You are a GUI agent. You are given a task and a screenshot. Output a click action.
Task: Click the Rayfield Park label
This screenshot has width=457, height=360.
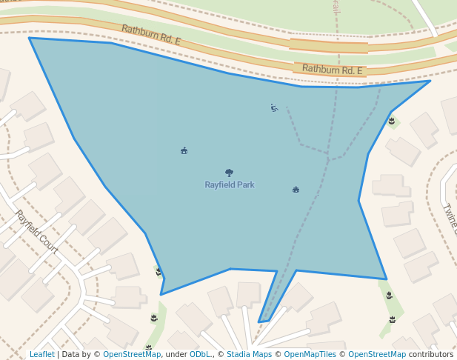(x=230, y=184)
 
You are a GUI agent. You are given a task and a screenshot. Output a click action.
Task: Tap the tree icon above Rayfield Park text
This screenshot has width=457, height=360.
(x=229, y=173)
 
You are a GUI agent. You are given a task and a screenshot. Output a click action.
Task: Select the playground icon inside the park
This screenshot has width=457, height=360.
(x=274, y=108)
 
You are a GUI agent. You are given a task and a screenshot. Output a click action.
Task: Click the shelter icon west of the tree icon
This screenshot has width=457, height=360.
(x=184, y=151)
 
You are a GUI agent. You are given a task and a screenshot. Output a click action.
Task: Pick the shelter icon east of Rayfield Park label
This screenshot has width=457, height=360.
(x=296, y=190)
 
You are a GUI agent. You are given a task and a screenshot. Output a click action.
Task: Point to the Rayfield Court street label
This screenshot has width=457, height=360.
(x=36, y=232)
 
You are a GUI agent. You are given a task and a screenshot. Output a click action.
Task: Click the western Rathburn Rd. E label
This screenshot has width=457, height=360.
(x=151, y=35)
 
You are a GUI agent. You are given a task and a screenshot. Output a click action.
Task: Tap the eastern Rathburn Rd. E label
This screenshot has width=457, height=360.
(x=332, y=70)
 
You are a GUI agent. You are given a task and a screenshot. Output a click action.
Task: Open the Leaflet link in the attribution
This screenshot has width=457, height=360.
(x=41, y=355)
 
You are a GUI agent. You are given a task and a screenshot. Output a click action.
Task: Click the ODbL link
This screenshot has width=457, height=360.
(x=200, y=355)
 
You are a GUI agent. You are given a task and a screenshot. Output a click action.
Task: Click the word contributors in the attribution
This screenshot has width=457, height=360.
(x=431, y=355)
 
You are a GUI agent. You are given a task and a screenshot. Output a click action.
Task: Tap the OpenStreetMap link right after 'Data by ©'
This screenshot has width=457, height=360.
(x=132, y=355)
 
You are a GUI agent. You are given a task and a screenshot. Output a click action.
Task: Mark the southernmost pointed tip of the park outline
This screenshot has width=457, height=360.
(x=260, y=322)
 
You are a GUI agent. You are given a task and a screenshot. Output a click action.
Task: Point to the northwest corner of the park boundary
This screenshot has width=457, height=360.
(x=30, y=39)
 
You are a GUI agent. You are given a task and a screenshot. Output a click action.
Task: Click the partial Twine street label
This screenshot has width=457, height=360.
(x=450, y=219)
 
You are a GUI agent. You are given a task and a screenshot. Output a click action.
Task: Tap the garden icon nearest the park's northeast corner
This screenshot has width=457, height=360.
(x=391, y=121)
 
